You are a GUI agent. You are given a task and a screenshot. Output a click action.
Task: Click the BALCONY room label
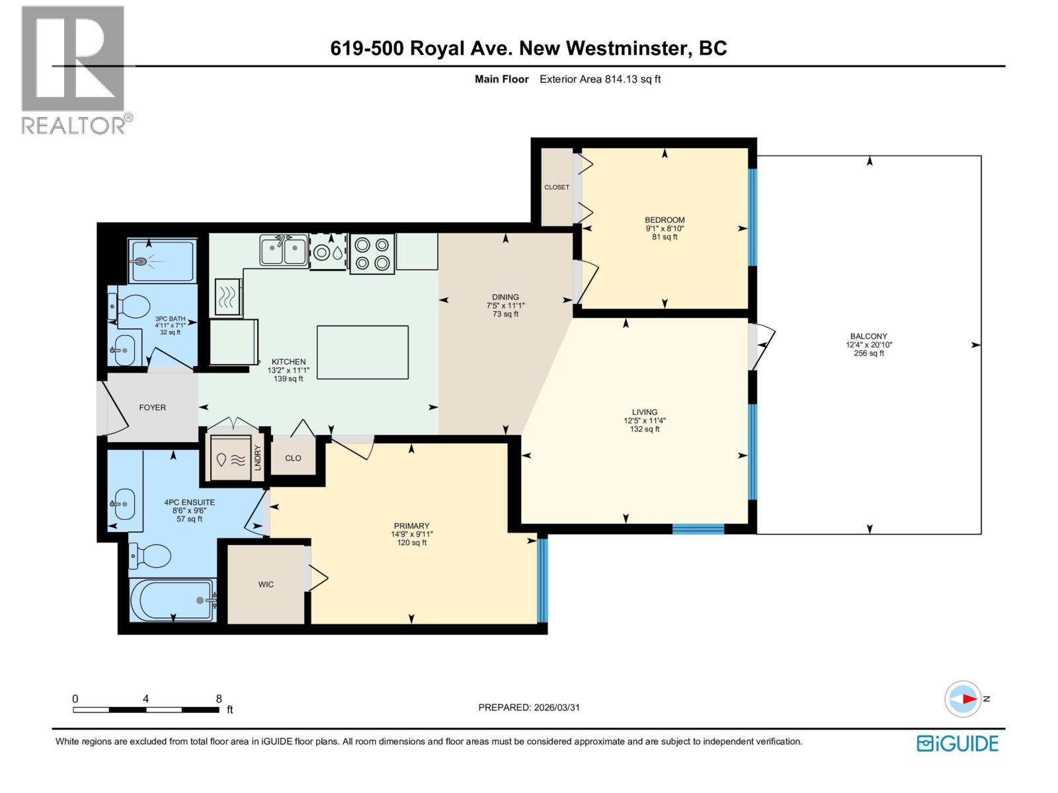click(x=869, y=336)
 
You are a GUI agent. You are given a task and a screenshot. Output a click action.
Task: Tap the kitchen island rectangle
click(x=362, y=352)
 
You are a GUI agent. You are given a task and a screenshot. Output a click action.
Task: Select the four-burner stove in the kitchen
click(x=372, y=254)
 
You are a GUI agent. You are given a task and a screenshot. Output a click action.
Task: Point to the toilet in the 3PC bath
click(x=130, y=307)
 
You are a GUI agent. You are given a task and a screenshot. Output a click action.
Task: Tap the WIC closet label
click(x=266, y=584)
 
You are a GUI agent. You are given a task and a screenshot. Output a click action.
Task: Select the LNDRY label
click(x=258, y=458)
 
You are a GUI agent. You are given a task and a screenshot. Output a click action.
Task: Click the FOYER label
click(x=152, y=408)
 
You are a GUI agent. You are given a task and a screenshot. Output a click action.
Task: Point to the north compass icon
click(x=963, y=699)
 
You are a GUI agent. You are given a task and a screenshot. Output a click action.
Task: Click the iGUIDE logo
click(x=957, y=743)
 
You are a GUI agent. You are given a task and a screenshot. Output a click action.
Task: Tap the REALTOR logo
click(x=74, y=69)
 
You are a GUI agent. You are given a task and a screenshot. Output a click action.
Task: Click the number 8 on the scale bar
click(x=219, y=699)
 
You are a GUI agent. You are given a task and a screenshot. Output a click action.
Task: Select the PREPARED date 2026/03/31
click(x=555, y=707)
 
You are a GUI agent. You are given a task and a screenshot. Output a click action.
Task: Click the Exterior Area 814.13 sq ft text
click(x=600, y=79)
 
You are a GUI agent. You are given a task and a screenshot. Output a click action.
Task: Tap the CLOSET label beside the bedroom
click(x=557, y=187)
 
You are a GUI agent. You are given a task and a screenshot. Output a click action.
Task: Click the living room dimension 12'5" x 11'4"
click(x=644, y=420)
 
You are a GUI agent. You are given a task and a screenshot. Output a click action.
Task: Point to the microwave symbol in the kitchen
click(x=228, y=297)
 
